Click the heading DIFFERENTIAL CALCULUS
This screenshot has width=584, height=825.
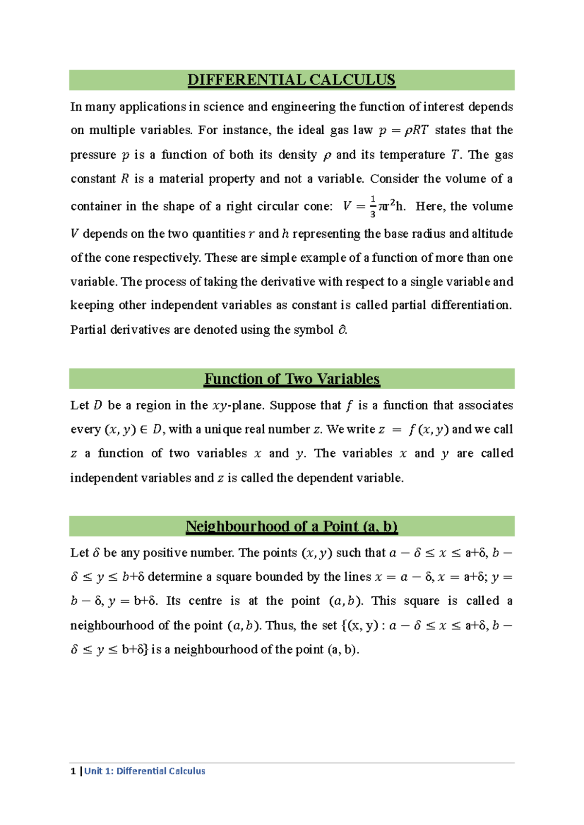pyautogui.click(x=292, y=80)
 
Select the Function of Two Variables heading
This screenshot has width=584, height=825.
pyautogui.click(x=292, y=379)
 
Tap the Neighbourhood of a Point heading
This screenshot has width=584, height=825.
pyautogui.click(x=292, y=526)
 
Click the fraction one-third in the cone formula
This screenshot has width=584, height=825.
pyautogui.click(x=373, y=206)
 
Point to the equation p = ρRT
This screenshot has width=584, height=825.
pyautogui.click(x=403, y=130)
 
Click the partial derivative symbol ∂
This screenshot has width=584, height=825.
pyautogui.click(x=342, y=330)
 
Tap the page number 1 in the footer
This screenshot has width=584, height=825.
pyautogui.click(x=73, y=771)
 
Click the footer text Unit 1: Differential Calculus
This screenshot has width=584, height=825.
pyautogui.click(x=145, y=771)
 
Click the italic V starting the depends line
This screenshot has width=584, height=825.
pyautogui.click(x=74, y=234)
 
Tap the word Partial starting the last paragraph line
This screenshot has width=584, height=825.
pyautogui.click(x=88, y=330)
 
